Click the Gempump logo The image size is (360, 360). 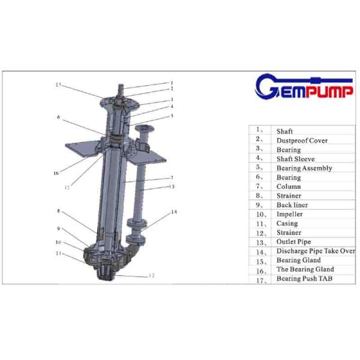click(x=304, y=86)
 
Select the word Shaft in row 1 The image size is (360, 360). click(x=284, y=131)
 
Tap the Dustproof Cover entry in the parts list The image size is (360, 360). click(x=302, y=140)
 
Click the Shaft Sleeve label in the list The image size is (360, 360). click(x=295, y=159)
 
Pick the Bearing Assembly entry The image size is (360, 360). click(x=304, y=168)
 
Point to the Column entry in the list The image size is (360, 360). click(x=289, y=187)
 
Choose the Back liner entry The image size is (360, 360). click(x=292, y=205)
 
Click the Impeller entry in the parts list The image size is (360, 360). click(x=290, y=214)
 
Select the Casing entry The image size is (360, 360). click(x=287, y=223)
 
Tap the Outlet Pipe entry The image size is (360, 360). click(x=293, y=242)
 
